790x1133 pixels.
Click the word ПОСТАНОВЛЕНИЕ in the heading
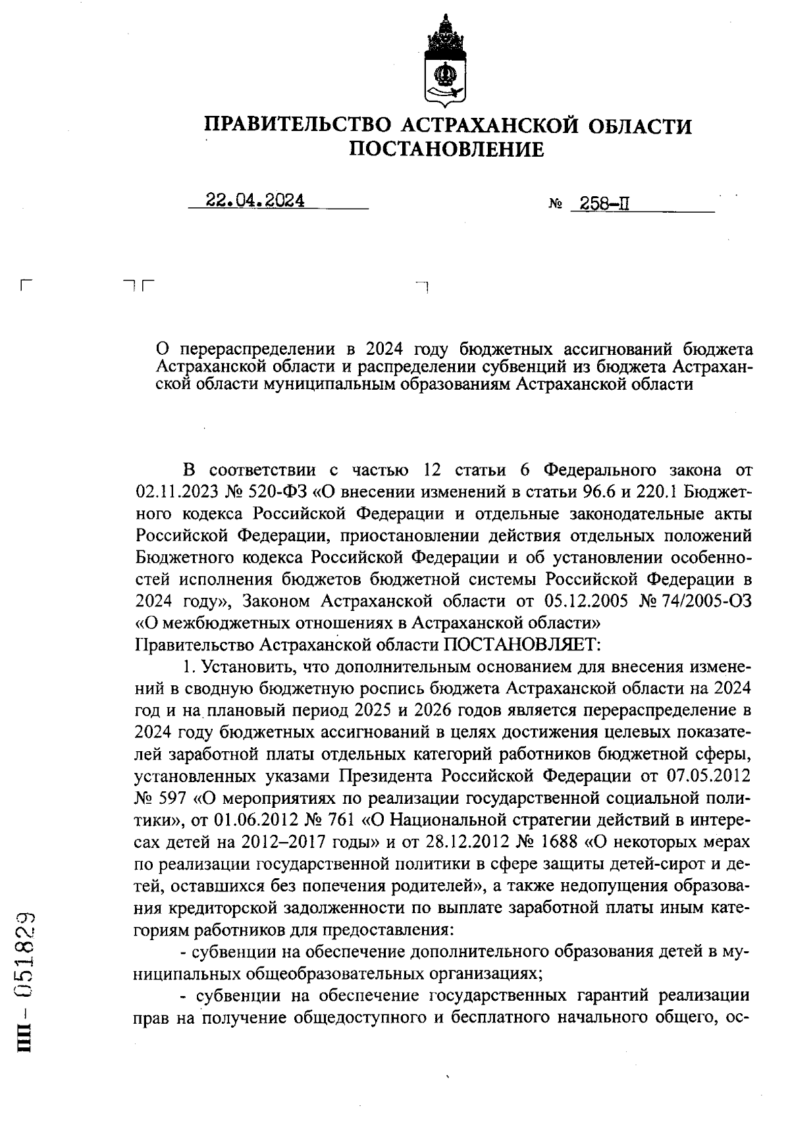(446, 150)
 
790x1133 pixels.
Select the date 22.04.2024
(255, 201)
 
